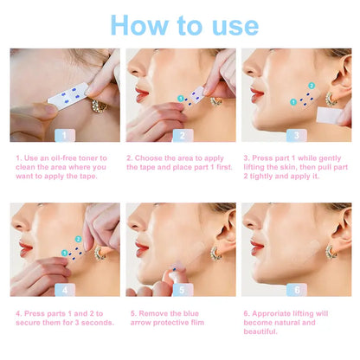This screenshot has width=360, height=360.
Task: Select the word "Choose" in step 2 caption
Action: [x=147, y=157]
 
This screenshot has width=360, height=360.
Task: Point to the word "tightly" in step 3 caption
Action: [x=262, y=177]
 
